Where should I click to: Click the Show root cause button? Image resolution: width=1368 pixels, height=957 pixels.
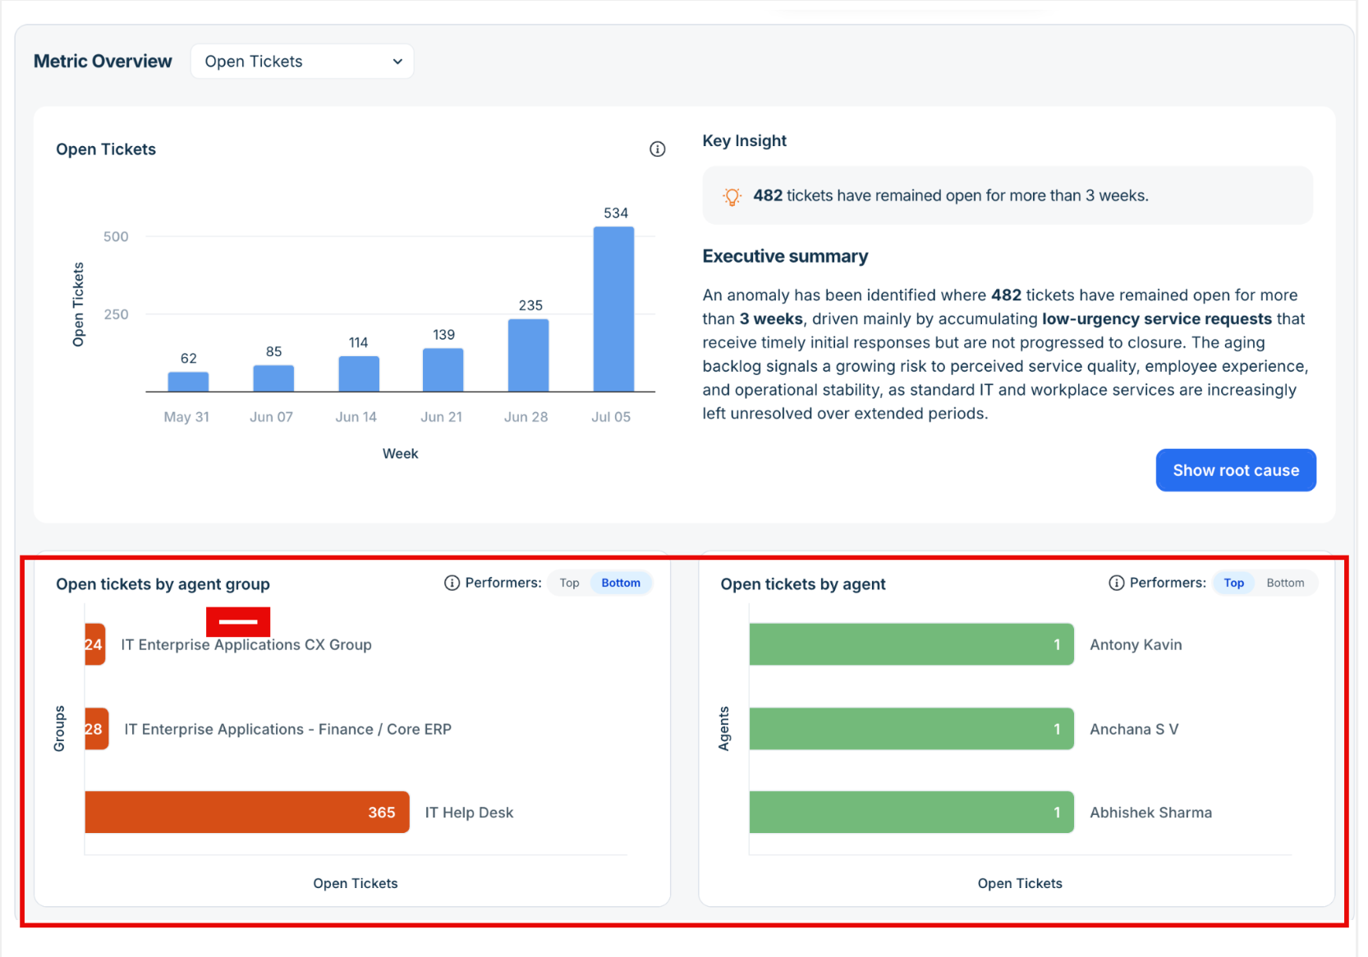(1236, 470)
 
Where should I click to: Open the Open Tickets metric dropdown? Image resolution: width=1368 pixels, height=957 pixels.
(302, 61)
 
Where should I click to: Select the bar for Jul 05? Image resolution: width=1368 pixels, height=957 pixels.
(613, 309)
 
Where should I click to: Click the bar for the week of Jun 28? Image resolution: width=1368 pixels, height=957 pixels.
(528, 355)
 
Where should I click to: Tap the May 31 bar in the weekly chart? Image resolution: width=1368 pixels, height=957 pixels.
(188, 382)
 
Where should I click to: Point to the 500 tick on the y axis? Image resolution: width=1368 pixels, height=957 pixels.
(116, 236)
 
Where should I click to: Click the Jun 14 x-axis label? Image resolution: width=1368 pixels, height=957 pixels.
(356, 417)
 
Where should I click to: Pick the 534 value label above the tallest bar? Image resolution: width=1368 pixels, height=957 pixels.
(616, 213)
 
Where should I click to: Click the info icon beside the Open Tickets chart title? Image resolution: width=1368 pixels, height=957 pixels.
(657, 149)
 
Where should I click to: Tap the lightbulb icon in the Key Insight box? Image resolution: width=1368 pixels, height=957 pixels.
(732, 196)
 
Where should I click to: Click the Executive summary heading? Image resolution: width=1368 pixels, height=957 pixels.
(785, 256)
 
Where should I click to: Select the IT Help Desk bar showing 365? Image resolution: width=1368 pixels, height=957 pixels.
(246, 812)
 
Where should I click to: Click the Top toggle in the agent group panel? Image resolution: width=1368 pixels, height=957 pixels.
(569, 583)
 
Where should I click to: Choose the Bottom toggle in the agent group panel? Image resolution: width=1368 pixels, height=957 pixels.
(621, 583)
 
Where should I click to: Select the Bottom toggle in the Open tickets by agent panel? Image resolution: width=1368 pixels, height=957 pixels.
(1285, 583)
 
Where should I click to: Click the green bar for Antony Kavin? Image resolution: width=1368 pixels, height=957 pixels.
(911, 644)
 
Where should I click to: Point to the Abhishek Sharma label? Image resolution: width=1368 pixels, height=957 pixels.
(1150, 813)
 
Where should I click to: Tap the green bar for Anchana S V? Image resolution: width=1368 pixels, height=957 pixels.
(911, 728)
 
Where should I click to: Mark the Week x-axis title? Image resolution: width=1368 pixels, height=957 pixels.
(400, 454)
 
